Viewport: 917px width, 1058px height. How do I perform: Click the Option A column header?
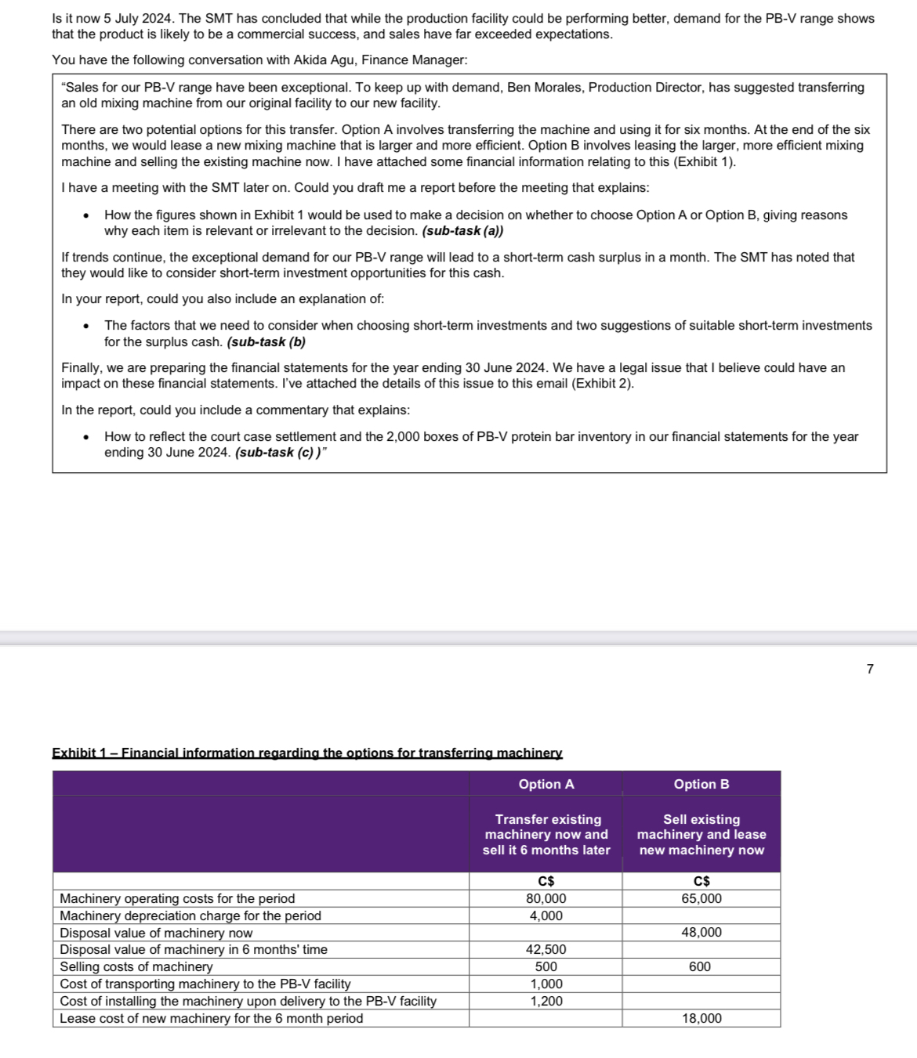click(546, 784)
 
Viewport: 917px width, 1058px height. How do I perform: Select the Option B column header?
click(701, 784)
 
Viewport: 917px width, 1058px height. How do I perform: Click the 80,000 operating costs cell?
click(546, 898)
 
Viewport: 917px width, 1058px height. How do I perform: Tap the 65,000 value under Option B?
click(701, 898)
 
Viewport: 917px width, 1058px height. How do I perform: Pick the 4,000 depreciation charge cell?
click(546, 915)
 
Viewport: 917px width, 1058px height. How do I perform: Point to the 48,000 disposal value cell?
click(701, 932)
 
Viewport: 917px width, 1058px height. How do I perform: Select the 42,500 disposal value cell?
click(546, 949)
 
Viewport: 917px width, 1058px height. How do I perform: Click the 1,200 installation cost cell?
click(546, 1001)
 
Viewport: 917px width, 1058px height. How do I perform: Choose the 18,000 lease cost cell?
click(701, 1018)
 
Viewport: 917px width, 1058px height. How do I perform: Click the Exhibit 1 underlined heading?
click(307, 753)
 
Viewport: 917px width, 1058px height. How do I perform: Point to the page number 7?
click(870, 669)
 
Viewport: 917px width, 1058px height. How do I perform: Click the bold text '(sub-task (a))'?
click(462, 231)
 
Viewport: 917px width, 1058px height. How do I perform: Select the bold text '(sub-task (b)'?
click(266, 342)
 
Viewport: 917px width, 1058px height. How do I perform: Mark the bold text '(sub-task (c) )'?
click(279, 453)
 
